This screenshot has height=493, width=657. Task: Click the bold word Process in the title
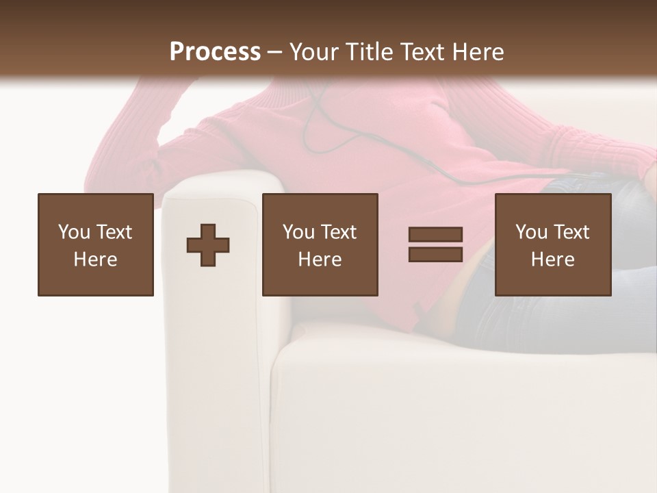pyautogui.click(x=215, y=52)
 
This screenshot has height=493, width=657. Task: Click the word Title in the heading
pyautogui.click(x=368, y=52)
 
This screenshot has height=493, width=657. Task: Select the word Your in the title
pyautogui.click(x=312, y=52)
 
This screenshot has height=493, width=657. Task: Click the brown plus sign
pyautogui.click(x=208, y=245)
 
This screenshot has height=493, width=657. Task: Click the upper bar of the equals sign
pyautogui.click(x=435, y=235)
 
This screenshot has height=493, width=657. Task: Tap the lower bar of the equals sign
pyautogui.click(x=435, y=254)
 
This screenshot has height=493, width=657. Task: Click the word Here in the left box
pyautogui.click(x=95, y=260)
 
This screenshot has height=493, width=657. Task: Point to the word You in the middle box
pyautogui.click(x=298, y=232)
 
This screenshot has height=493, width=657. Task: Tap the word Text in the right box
pyautogui.click(x=572, y=232)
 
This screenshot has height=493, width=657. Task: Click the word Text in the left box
pyautogui.click(x=115, y=232)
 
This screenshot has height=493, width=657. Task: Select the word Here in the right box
pyautogui.click(x=552, y=260)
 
